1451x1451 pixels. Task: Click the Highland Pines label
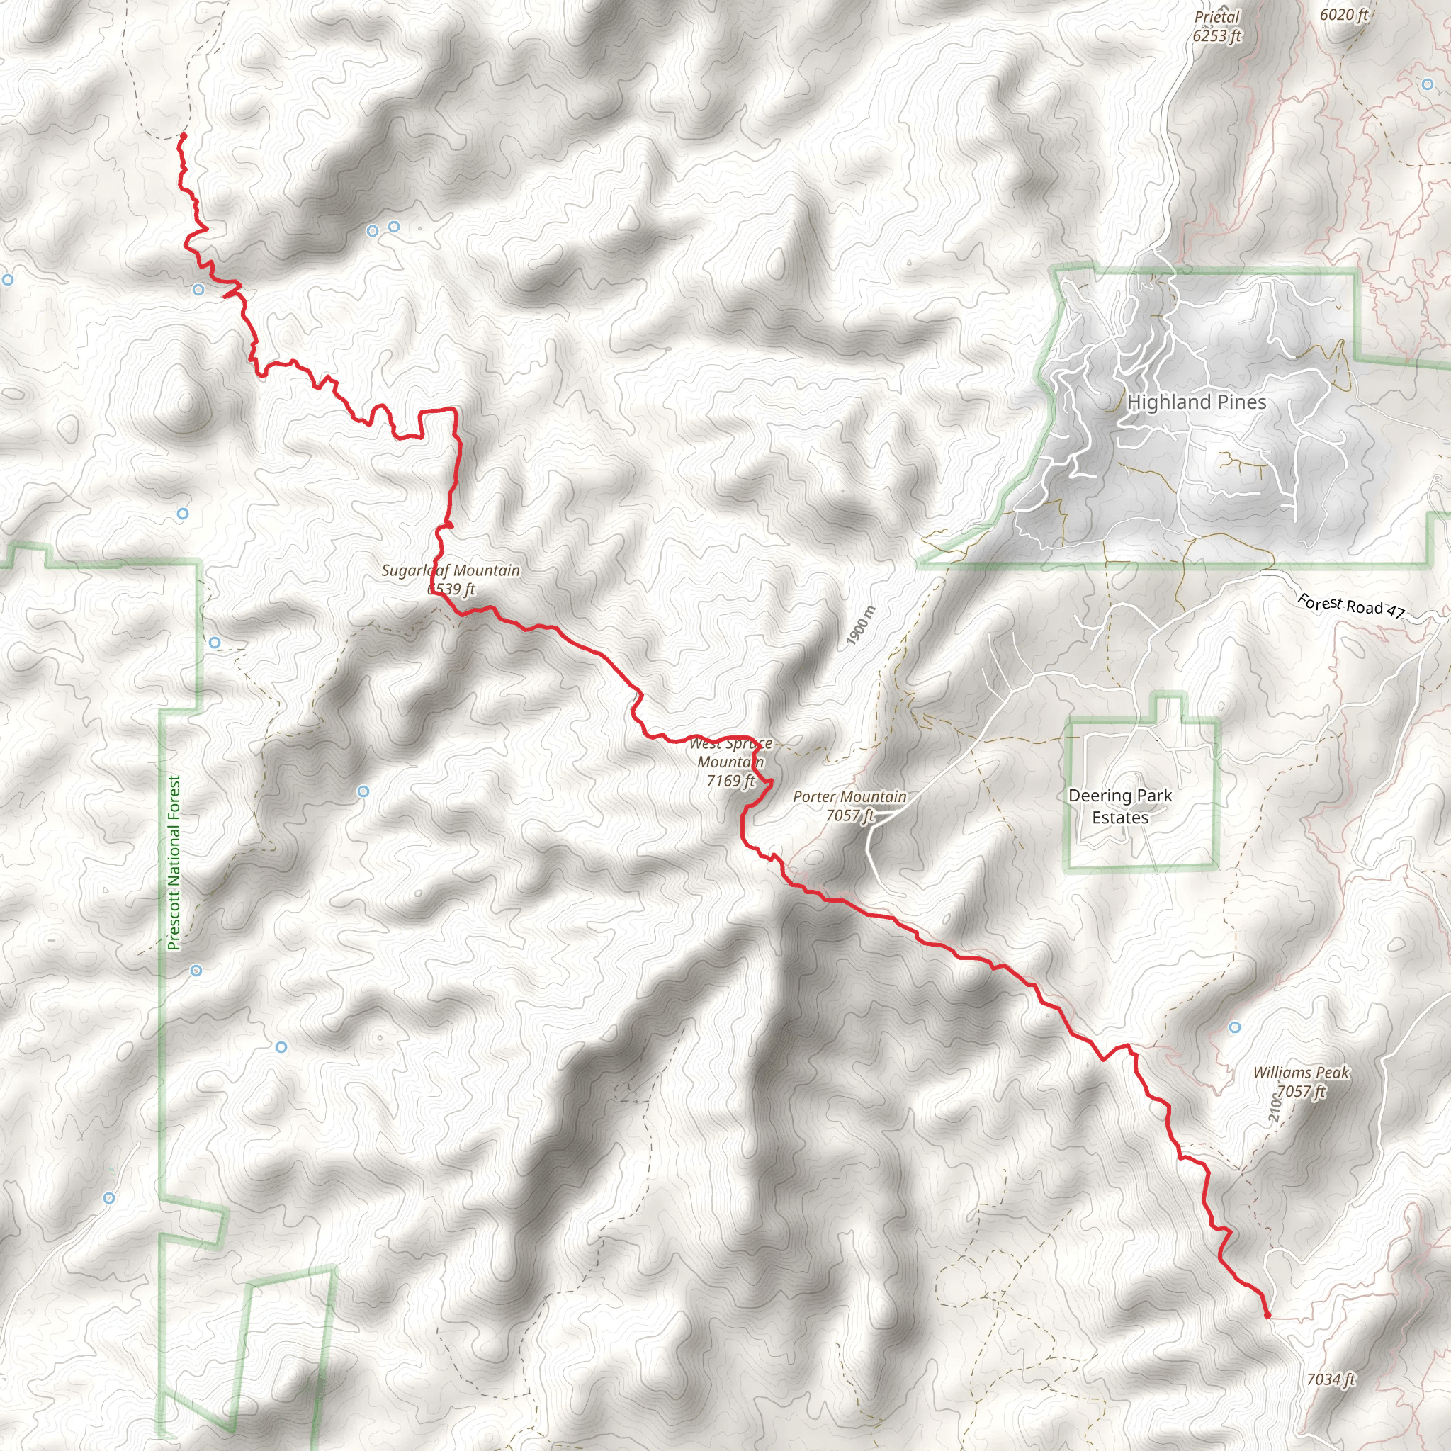tap(1196, 402)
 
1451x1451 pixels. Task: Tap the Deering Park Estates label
tap(1120, 806)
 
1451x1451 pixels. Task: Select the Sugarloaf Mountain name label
tap(451, 570)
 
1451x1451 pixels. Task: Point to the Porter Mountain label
tap(849, 796)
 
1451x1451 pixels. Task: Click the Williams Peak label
tap(1301, 1073)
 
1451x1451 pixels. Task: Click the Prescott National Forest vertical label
tap(174, 863)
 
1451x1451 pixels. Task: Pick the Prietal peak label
tap(1216, 16)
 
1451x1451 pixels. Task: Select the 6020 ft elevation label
tap(1343, 14)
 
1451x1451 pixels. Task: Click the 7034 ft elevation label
tap(1331, 1379)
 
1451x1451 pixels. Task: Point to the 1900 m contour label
tap(861, 625)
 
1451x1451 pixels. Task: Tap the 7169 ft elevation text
tap(730, 781)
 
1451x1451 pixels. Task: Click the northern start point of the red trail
tap(184, 136)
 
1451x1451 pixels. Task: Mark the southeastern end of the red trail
tap(1267, 1315)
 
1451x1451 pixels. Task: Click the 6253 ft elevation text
tap(1216, 35)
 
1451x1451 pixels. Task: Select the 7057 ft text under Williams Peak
tap(1301, 1091)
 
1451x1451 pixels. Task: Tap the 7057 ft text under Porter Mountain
tap(849, 815)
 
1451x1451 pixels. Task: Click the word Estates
tap(1120, 817)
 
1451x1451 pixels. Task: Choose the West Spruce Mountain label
tap(730, 752)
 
